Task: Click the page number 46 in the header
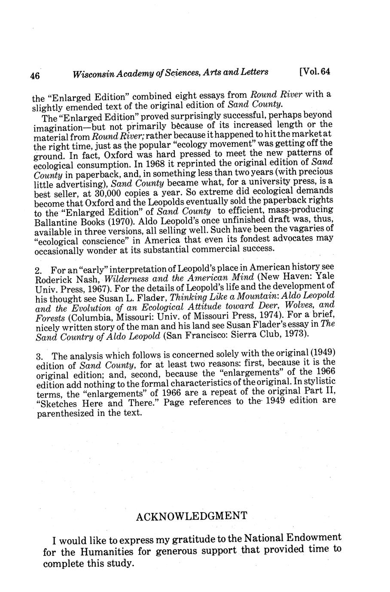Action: [x=35, y=76]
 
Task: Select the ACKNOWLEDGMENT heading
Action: [x=192, y=516]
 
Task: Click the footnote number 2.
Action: [x=37, y=271]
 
